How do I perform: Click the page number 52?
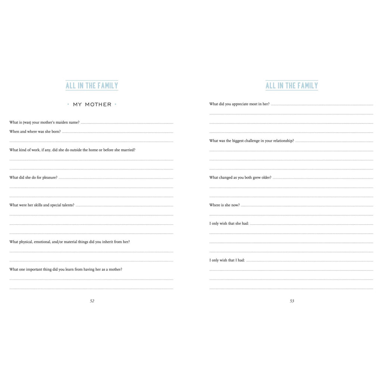click(x=92, y=301)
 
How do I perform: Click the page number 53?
click(x=292, y=301)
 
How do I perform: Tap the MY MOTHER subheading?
click(x=92, y=104)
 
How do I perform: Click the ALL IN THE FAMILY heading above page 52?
click(x=92, y=85)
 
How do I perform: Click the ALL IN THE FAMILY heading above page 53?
click(x=292, y=85)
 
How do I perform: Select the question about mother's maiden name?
click(x=44, y=122)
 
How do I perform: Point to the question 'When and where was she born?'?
click(x=35, y=132)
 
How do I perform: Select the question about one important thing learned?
click(x=66, y=269)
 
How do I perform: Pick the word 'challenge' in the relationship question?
click(x=254, y=141)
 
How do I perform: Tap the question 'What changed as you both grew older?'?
click(x=240, y=178)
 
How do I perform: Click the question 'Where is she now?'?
click(x=225, y=205)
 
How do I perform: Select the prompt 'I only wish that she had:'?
click(x=229, y=223)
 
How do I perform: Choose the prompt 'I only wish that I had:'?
click(x=227, y=260)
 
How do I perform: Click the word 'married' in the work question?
click(x=128, y=150)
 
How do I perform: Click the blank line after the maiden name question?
click(x=127, y=123)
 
